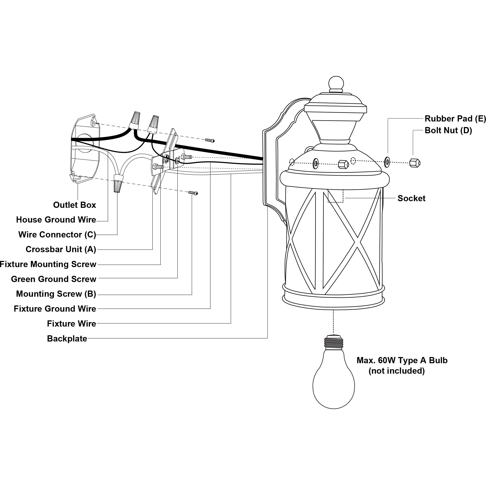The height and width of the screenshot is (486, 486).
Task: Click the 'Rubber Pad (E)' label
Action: pos(455,119)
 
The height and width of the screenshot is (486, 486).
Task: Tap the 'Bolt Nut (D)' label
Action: pos(448,130)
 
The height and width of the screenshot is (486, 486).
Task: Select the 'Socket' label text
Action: pos(411,198)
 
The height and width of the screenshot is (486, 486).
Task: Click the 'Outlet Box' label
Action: pos(74,205)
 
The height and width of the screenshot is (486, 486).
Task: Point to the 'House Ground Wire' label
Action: pos(56,220)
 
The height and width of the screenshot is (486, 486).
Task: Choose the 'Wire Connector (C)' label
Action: pos(57,234)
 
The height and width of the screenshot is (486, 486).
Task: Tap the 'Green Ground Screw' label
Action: pos(54,279)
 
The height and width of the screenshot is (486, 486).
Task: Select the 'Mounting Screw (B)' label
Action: pos(56,294)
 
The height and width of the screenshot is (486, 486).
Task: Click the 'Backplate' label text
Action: pos(67,338)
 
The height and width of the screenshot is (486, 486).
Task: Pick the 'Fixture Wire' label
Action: pos(71,324)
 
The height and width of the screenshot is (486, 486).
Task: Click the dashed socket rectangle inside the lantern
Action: pos(335,196)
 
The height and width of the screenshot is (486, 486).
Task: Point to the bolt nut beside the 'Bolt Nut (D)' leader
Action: pos(415,163)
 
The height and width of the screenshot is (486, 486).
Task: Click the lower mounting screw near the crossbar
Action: pos(193,193)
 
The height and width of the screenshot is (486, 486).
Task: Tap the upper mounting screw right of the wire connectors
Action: pos(210,141)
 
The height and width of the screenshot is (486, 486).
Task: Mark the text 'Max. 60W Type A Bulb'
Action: pos(402,360)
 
